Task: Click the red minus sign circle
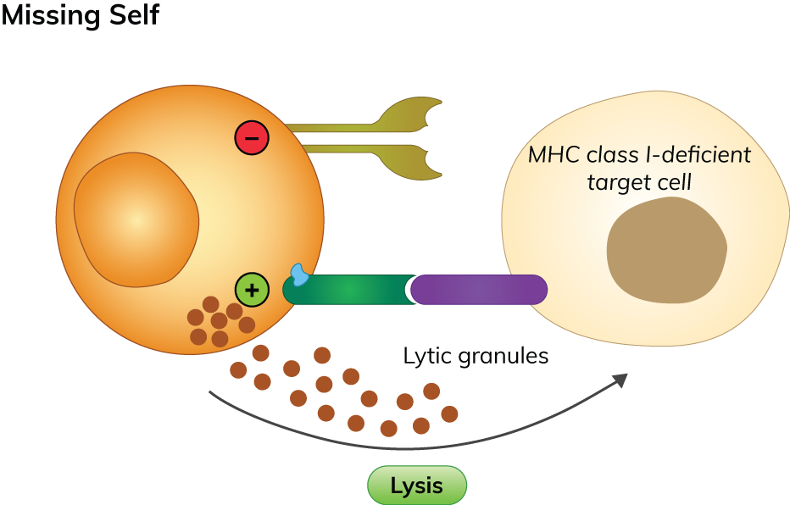(x=252, y=138)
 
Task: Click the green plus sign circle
(x=252, y=291)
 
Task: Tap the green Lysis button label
(x=416, y=486)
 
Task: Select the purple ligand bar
(x=479, y=290)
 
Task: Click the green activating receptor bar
(x=348, y=290)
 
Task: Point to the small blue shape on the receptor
(x=299, y=274)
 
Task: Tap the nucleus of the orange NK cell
(x=136, y=219)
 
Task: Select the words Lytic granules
(x=476, y=357)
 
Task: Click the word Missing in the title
(x=51, y=15)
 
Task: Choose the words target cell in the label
(x=639, y=182)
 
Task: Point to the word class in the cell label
(x=612, y=156)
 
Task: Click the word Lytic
(x=427, y=357)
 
